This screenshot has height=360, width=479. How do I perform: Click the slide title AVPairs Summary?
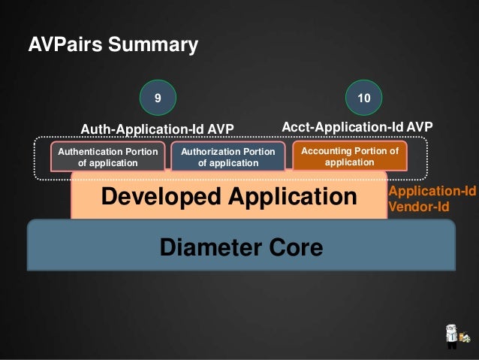click(x=113, y=45)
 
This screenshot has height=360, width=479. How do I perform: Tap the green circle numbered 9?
click(x=157, y=98)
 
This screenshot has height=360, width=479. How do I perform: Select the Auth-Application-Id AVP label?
click(x=158, y=129)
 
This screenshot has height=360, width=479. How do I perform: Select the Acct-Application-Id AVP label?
click(x=357, y=127)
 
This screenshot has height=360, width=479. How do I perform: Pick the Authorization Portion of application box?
click(x=228, y=157)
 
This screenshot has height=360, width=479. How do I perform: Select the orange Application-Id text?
click(x=431, y=192)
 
